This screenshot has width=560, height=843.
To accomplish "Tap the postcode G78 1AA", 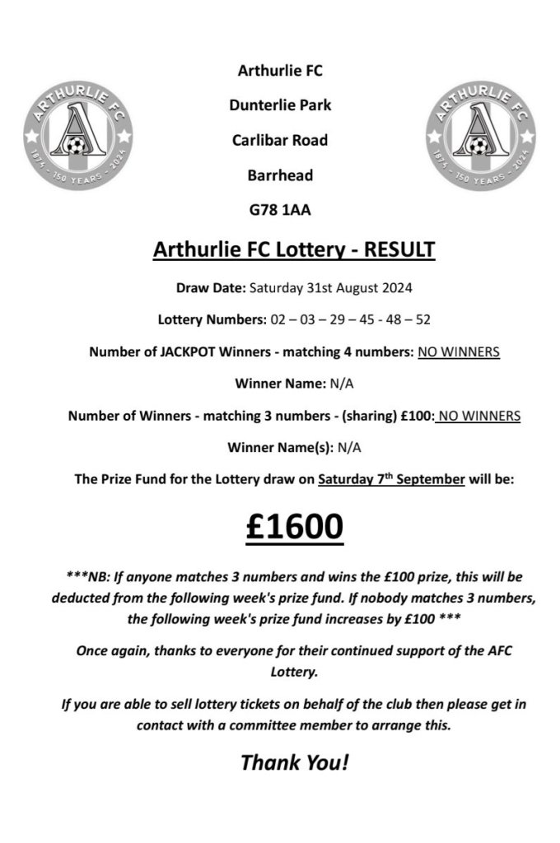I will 280,211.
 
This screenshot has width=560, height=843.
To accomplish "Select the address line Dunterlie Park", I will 280,105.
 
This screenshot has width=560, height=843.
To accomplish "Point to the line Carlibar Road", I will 280,141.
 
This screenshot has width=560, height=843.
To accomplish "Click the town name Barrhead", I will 280,175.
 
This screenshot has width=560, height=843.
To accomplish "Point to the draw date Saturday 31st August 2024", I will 330,288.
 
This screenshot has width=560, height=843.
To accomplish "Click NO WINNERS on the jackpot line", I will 458,352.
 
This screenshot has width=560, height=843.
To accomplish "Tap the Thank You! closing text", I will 294,761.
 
